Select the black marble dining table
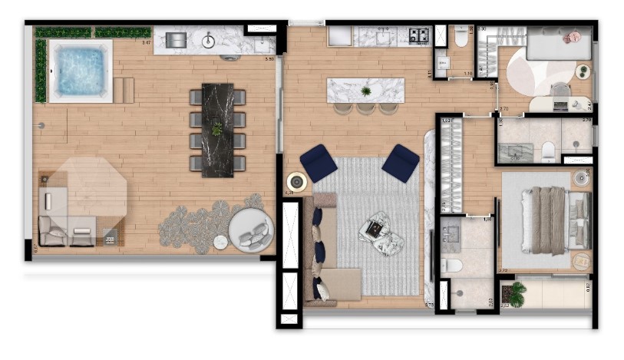pyautogui.click(x=217, y=129)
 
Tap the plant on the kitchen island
pyautogui.click(x=365, y=91)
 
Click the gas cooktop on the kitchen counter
pyautogui.click(x=419, y=35)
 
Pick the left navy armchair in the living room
pyautogui.click(x=318, y=162)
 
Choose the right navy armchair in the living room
pyautogui.click(x=401, y=162)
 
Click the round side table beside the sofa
pyautogui.click(x=295, y=183)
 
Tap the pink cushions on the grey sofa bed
pyautogui.click(x=572, y=37)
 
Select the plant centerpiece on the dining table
pyautogui.click(x=217, y=129)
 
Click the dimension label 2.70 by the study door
pyautogui.click(x=503, y=109)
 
